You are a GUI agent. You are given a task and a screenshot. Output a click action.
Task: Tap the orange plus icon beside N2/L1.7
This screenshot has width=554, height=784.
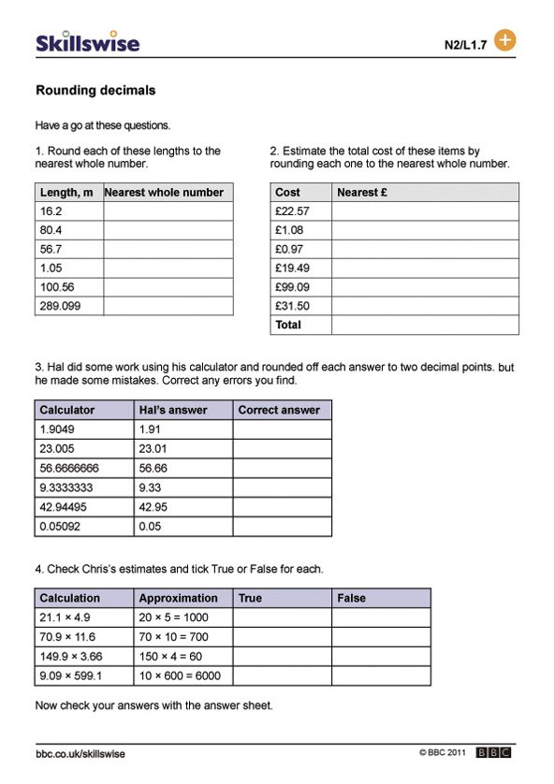pyautogui.click(x=504, y=40)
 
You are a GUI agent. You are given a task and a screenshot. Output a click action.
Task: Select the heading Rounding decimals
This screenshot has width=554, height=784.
pyautogui.click(x=95, y=91)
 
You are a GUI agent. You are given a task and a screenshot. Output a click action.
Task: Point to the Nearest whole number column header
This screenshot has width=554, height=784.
pyautogui.click(x=165, y=193)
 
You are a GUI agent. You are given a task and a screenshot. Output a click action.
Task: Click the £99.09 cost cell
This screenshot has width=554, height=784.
pyautogui.click(x=292, y=287)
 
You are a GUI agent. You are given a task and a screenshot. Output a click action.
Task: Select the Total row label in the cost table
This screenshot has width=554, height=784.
pyautogui.click(x=288, y=325)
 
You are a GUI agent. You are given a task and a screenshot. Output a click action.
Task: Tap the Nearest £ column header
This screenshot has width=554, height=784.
pyautogui.click(x=362, y=193)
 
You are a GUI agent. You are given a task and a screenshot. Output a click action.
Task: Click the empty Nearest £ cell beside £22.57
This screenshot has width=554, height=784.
pyautogui.click(x=424, y=211)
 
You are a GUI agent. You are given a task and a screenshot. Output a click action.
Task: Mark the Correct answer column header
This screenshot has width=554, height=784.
pyautogui.click(x=279, y=410)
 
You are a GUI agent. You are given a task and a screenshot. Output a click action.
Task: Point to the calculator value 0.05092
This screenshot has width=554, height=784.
pyautogui.click(x=62, y=526)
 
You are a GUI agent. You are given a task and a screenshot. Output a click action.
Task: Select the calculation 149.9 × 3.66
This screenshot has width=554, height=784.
pyautogui.click(x=71, y=656)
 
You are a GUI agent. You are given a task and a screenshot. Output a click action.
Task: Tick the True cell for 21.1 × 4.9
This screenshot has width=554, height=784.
pyautogui.click(x=282, y=617)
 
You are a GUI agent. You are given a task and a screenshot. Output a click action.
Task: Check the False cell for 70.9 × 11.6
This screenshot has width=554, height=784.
pyautogui.click(x=381, y=637)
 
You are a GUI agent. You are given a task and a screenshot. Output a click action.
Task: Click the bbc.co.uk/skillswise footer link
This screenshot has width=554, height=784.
pyautogui.click(x=80, y=754)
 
